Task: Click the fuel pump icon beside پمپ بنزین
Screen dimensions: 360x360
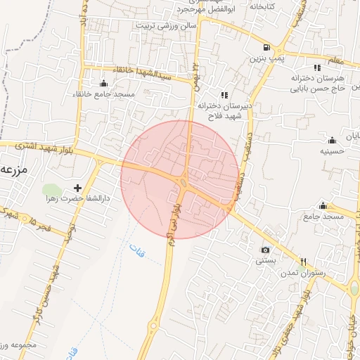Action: point(265,46)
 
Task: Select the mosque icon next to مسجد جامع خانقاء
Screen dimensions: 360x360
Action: point(105,83)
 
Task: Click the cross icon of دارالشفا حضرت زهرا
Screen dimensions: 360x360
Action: point(77,188)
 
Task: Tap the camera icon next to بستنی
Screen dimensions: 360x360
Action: point(265,250)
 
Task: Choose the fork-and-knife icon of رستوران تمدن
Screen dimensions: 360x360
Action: point(304,261)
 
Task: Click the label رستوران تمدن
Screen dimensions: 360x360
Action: point(302,272)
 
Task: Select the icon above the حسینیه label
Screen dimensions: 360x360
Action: point(332,139)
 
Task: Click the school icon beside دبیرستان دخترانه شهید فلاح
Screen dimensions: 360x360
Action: point(224,94)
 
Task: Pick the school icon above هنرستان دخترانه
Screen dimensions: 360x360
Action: point(317,68)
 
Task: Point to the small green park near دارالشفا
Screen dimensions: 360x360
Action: point(51,190)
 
